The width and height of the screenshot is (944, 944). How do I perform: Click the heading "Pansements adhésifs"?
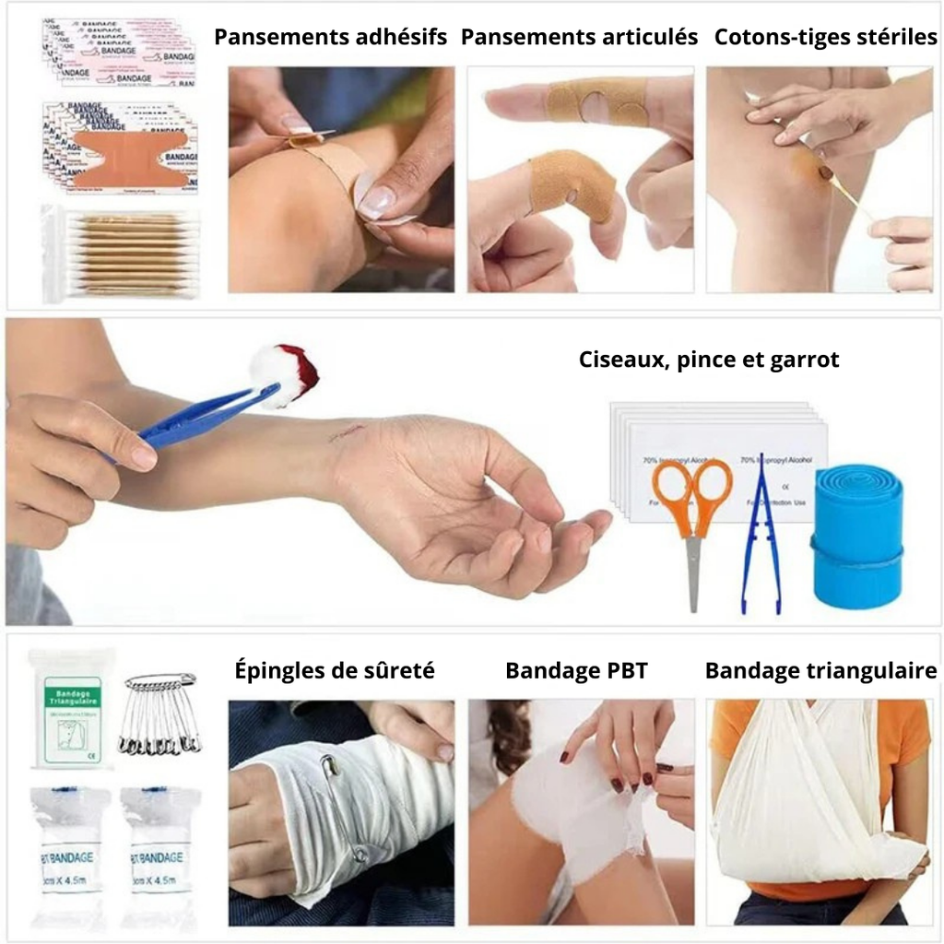[x=330, y=38]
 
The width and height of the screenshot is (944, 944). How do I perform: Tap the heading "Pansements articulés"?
[x=579, y=38]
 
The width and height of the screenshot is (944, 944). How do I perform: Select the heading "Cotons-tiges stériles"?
[x=825, y=38]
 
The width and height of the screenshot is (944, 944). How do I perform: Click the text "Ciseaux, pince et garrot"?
[x=708, y=360]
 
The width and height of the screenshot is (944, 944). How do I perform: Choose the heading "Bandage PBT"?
[x=576, y=671]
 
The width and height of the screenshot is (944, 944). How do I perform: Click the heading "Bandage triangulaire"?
[x=820, y=671]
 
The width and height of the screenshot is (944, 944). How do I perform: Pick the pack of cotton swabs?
[x=121, y=254]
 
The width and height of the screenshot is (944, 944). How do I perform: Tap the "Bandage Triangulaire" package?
[x=71, y=708]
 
